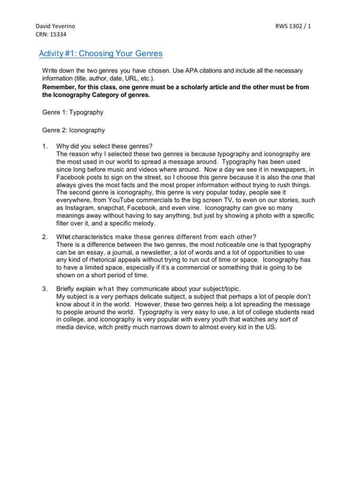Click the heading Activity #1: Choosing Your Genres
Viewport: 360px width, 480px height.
[x=100, y=53]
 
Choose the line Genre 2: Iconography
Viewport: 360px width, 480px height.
[x=74, y=130]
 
